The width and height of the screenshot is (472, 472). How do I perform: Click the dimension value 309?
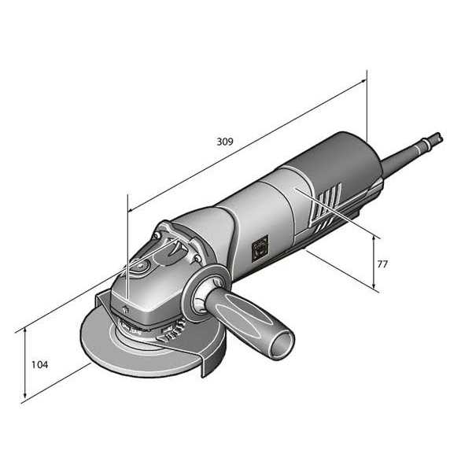point(224,142)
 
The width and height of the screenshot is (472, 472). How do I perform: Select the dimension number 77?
point(382,264)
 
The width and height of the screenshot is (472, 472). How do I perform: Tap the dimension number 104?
point(39,365)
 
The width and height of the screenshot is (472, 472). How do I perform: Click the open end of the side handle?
point(281,345)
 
